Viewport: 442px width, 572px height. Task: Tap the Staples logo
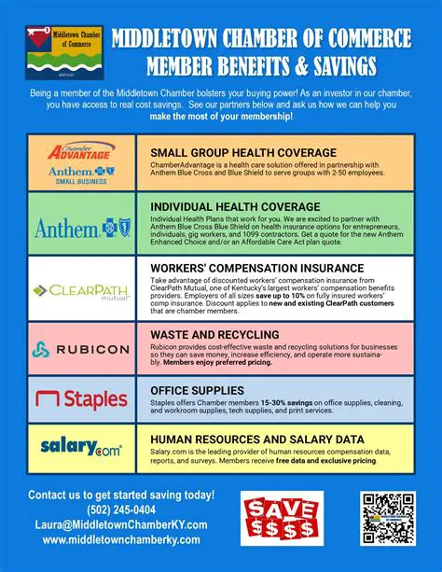81,399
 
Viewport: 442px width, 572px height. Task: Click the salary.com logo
81,449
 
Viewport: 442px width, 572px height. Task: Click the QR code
387,521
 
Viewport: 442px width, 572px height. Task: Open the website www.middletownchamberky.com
121,539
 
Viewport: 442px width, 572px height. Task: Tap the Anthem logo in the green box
81,227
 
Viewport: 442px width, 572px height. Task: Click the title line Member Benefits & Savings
260,66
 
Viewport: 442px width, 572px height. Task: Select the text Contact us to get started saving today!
121,494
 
